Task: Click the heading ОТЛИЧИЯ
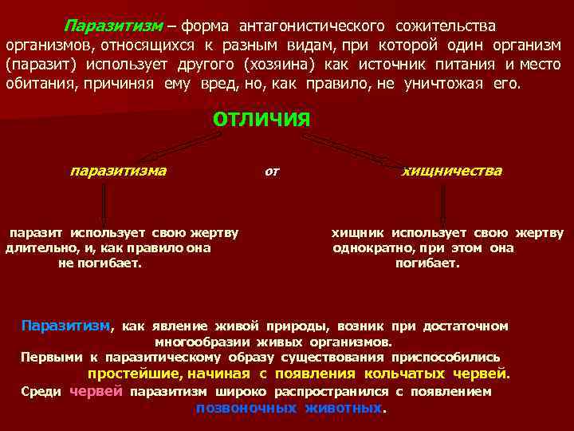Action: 261,119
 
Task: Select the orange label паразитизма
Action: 118,170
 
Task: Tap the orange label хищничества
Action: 451,170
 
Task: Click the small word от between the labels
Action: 271,171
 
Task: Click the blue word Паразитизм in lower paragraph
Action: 65,326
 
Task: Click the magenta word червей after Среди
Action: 96,391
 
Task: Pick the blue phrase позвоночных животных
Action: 289,407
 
